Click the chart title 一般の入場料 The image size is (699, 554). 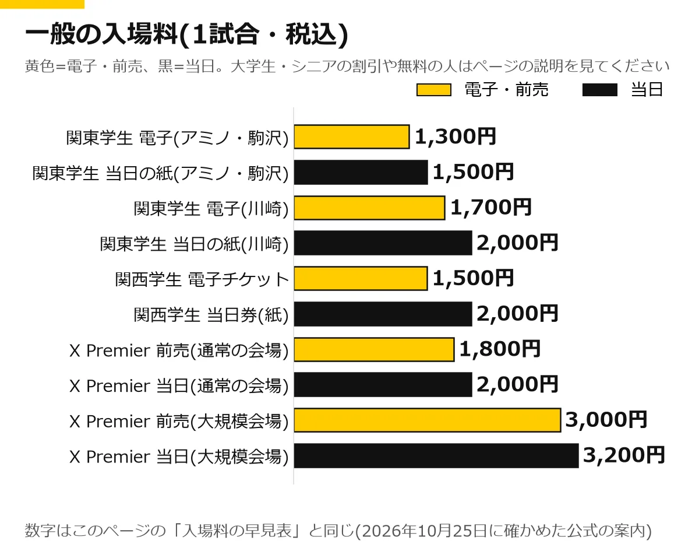tap(102, 34)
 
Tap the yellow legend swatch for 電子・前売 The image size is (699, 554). tap(434, 90)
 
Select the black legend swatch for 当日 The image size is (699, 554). tap(599, 90)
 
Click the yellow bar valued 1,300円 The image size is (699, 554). tap(352, 137)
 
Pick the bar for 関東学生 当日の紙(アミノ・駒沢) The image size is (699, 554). tap(361, 173)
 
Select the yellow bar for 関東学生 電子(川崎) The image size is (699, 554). tap(370, 208)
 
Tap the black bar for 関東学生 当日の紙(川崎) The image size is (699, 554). tap(383, 243)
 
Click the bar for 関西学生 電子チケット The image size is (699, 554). tap(361, 279)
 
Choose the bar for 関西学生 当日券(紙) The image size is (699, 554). tap(383, 314)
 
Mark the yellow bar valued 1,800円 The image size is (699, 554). tap(374, 349)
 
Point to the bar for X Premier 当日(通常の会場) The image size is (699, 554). tap(383, 384)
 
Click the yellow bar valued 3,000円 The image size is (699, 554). tap(428, 420)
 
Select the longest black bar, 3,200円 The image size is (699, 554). tap(436, 455)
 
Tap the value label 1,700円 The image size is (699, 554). tap(491, 208)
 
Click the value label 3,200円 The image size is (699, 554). tap(624, 455)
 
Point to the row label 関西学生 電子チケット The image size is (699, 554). tap(202, 279)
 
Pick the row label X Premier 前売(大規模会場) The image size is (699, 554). tap(179, 421)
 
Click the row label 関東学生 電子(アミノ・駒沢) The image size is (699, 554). tap(177, 138)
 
